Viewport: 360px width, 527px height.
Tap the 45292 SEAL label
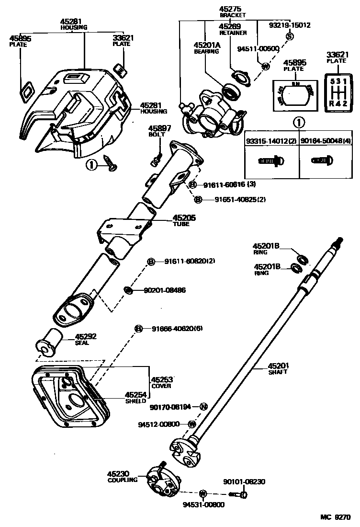[86, 339]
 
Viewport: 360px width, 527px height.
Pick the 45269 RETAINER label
[233, 30]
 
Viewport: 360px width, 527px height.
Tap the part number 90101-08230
[244, 481]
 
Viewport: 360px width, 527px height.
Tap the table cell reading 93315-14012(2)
[272, 141]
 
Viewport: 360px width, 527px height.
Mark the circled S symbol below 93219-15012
[289, 36]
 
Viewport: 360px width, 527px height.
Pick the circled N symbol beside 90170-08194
[203, 407]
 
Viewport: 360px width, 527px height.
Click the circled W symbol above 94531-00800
[202, 493]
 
